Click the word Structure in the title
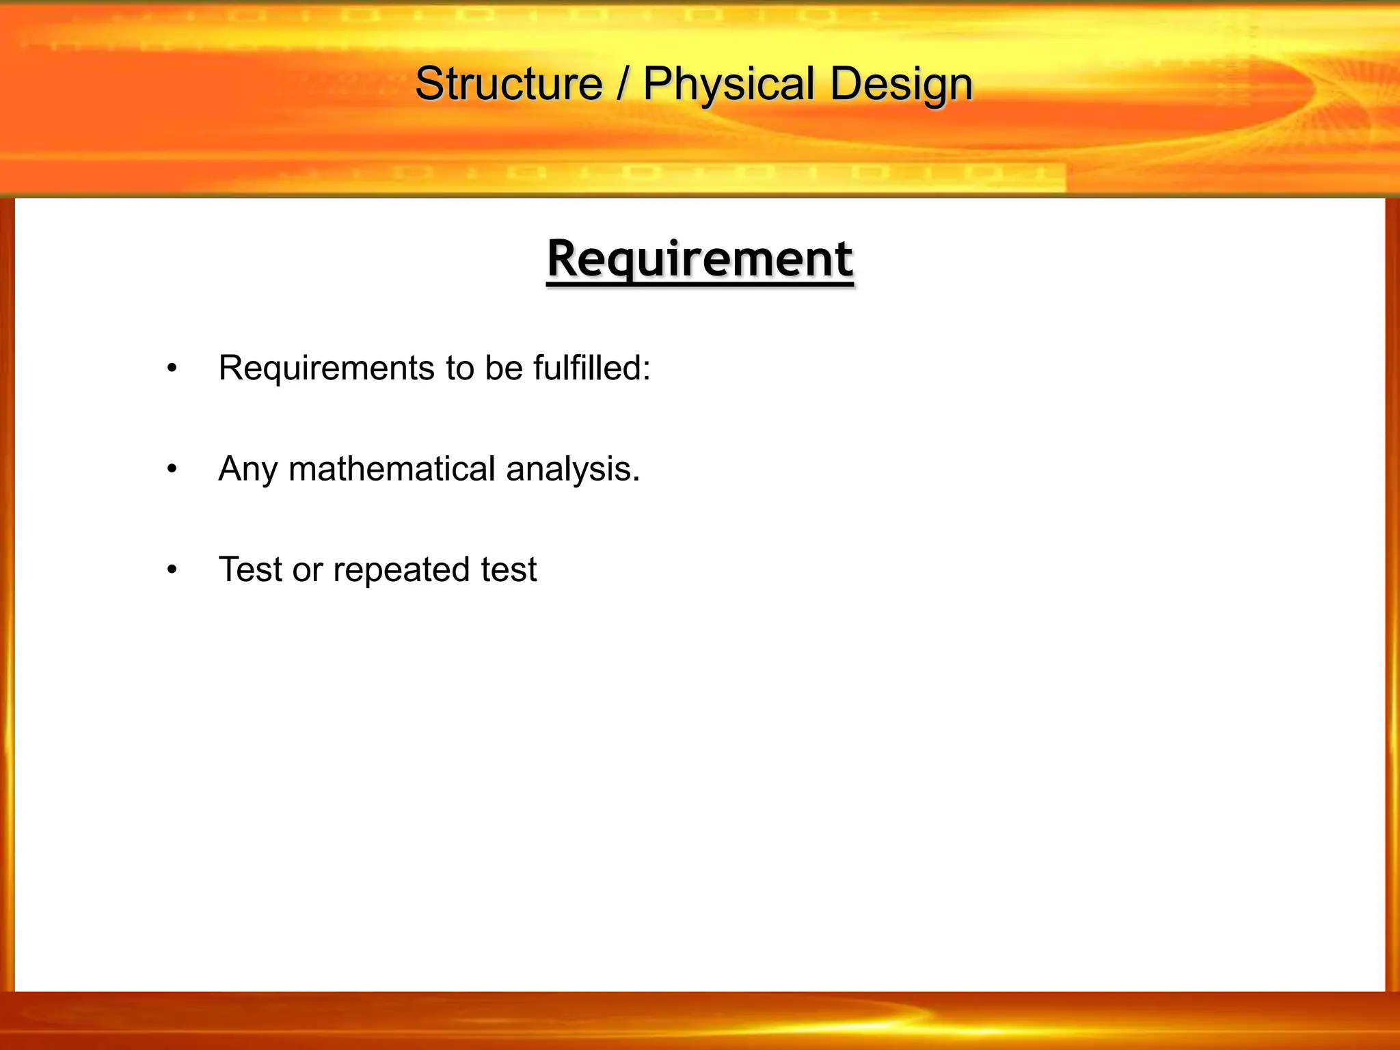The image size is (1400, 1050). click(509, 84)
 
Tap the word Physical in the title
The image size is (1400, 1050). click(729, 84)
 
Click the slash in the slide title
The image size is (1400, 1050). click(622, 84)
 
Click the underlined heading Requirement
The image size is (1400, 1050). click(700, 259)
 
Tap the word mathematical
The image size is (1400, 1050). click(392, 469)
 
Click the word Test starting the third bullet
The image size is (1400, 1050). click(250, 569)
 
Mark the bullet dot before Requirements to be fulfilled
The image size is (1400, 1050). click(172, 369)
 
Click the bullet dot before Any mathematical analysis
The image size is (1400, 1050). click(172, 470)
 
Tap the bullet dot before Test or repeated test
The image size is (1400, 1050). click(172, 570)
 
